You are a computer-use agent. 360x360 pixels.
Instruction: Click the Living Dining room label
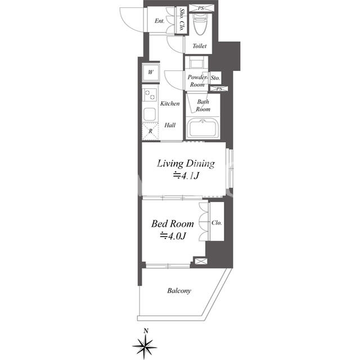click(186, 164)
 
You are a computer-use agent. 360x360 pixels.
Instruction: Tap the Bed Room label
click(173, 224)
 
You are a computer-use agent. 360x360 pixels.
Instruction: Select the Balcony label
click(179, 291)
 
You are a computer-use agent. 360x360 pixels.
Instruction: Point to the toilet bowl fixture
click(200, 25)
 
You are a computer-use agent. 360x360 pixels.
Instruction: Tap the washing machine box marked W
click(151, 73)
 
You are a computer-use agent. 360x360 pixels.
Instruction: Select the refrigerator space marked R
click(150, 131)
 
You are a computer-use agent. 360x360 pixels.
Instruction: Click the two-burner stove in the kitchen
click(150, 95)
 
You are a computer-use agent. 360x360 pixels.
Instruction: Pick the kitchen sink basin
click(150, 114)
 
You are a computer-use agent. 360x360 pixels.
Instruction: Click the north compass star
click(145, 346)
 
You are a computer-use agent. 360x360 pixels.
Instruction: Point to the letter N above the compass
click(146, 331)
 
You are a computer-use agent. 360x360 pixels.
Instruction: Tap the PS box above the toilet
click(201, 8)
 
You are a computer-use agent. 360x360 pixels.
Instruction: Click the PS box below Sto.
click(219, 89)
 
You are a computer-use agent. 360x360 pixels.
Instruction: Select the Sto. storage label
click(215, 78)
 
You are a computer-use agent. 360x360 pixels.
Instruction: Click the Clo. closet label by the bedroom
click(217, 223)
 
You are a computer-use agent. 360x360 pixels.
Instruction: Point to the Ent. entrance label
click(159, 21)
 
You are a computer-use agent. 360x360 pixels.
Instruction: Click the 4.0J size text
click(173, 236)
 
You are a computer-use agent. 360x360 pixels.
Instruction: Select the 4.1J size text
click(186, 175)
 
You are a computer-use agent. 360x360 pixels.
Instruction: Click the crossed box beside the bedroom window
click(201, 261)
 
